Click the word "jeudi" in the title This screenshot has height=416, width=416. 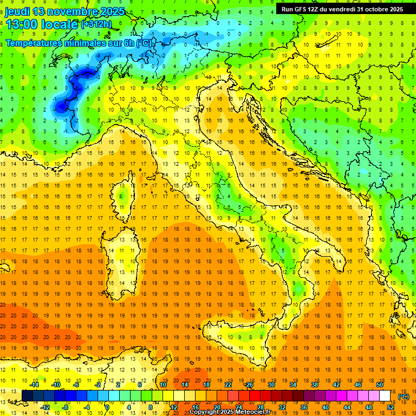pyautogui.click(x=17, y=11)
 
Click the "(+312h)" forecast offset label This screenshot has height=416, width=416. pyautogui.click(x=96, y=24)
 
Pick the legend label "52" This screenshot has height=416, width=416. pyautogui.click(x=391, y=407)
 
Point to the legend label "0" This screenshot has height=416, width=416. pyautogui.click(x=107, y=407)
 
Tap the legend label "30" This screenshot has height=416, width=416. pyautogui.click(x=271, y=385)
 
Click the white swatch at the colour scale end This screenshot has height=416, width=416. pyautogui.click(x=385, y=396)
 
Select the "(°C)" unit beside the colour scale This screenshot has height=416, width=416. pyautogui.click(x=403, y=396)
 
